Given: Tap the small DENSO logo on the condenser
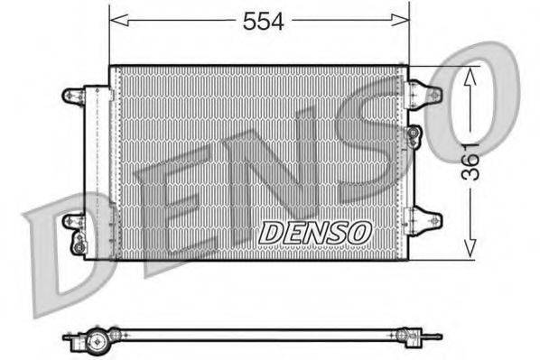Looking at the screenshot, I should (x=315, y=231).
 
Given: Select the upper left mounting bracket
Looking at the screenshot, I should (x=72, y=93).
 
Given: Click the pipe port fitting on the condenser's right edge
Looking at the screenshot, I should (x=414, y=136).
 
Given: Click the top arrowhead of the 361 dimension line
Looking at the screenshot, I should (x=469, y=80).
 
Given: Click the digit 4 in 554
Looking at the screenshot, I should (x=278, y=23).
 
